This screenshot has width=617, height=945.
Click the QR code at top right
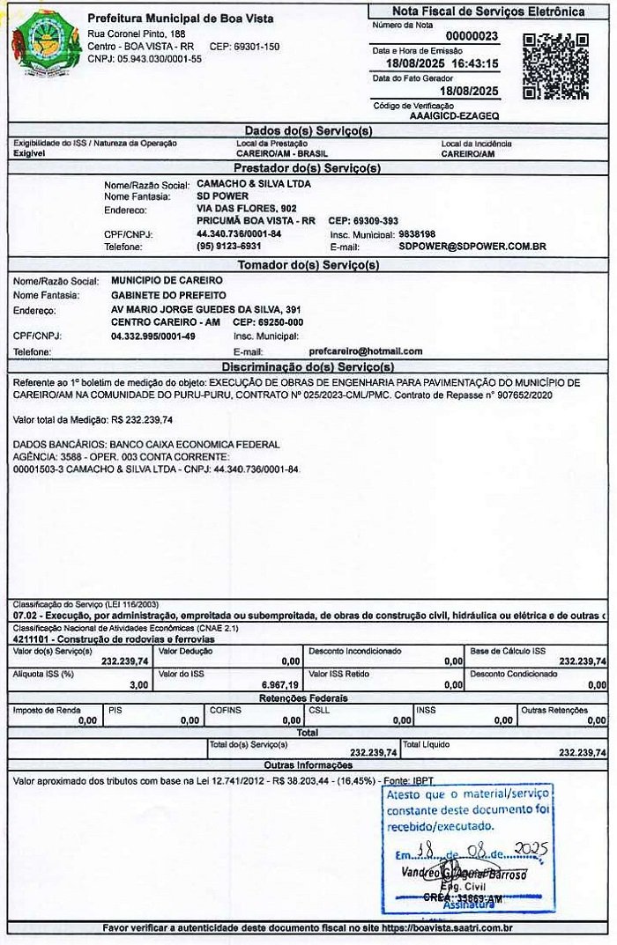(x=555, y=66)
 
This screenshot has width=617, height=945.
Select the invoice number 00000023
(x=472, y=36)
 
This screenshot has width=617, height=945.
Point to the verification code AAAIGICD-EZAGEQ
(x=455, y=114)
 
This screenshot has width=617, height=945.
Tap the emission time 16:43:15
(x=475, y=64)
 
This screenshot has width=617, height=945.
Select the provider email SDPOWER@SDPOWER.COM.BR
(x=472, y=247)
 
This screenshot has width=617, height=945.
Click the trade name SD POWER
(x=217, y=196)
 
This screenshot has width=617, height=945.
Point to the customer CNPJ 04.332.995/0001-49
(x=153, y=336)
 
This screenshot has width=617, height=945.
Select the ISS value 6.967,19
(x=281, y=684)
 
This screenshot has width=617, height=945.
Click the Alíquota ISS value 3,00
(x=138, y=684)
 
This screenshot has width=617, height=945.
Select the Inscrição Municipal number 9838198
(x=417, y=234)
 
